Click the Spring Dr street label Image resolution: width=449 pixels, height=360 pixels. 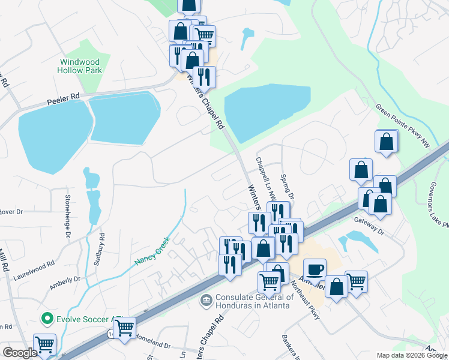(x=287, y=187)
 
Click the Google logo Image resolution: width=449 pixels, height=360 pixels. (x=20, y=353)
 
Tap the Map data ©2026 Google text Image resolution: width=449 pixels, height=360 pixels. (x=412, y=355)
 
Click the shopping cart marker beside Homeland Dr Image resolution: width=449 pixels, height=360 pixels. (x=124, y=328)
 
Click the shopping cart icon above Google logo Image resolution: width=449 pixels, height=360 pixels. (x=44, y=345)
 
